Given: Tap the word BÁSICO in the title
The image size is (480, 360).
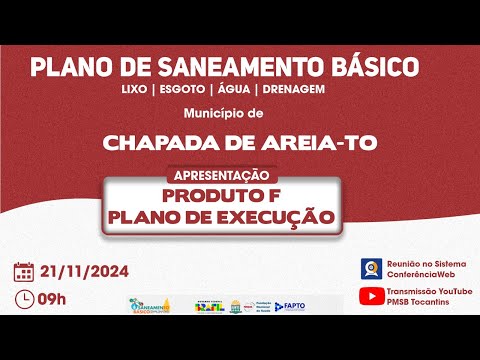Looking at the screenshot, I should pos(371,68).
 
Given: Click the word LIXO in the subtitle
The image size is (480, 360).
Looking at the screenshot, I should pos(132,89).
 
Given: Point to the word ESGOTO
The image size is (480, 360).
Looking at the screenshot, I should pos(179,89).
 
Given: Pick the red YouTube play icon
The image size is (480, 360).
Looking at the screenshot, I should pos(370,297).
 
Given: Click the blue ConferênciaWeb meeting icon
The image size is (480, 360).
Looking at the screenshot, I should pos(370,268).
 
